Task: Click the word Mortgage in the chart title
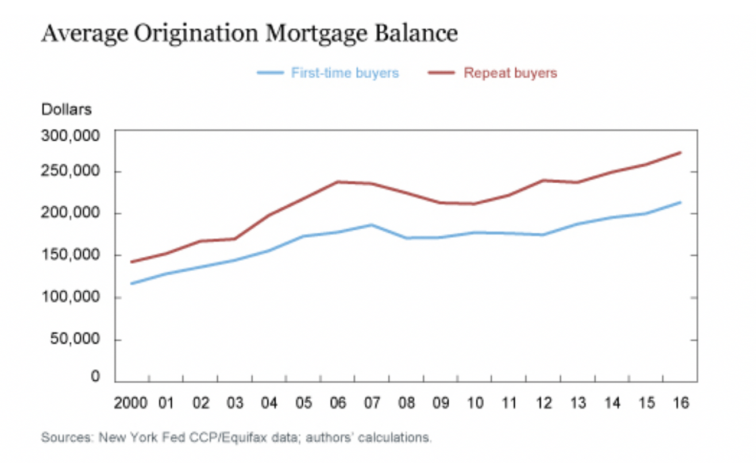318,34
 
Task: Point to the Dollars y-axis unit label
66,109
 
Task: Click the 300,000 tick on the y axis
71,136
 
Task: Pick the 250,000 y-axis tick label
71,172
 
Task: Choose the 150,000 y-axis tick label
71,256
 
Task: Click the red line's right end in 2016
681,152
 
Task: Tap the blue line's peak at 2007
372,225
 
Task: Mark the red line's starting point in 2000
132,262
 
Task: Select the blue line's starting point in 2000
132,283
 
